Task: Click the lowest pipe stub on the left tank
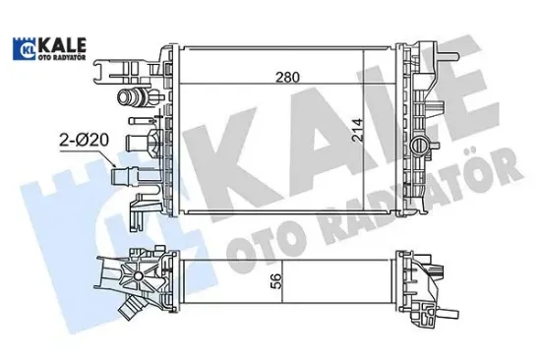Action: (132, 177)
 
